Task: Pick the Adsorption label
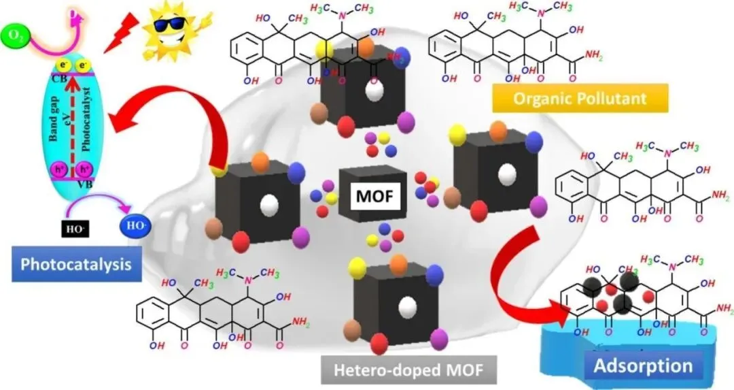(642, 365)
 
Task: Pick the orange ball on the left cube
(260, 161)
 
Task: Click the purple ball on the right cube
(539, 206)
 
